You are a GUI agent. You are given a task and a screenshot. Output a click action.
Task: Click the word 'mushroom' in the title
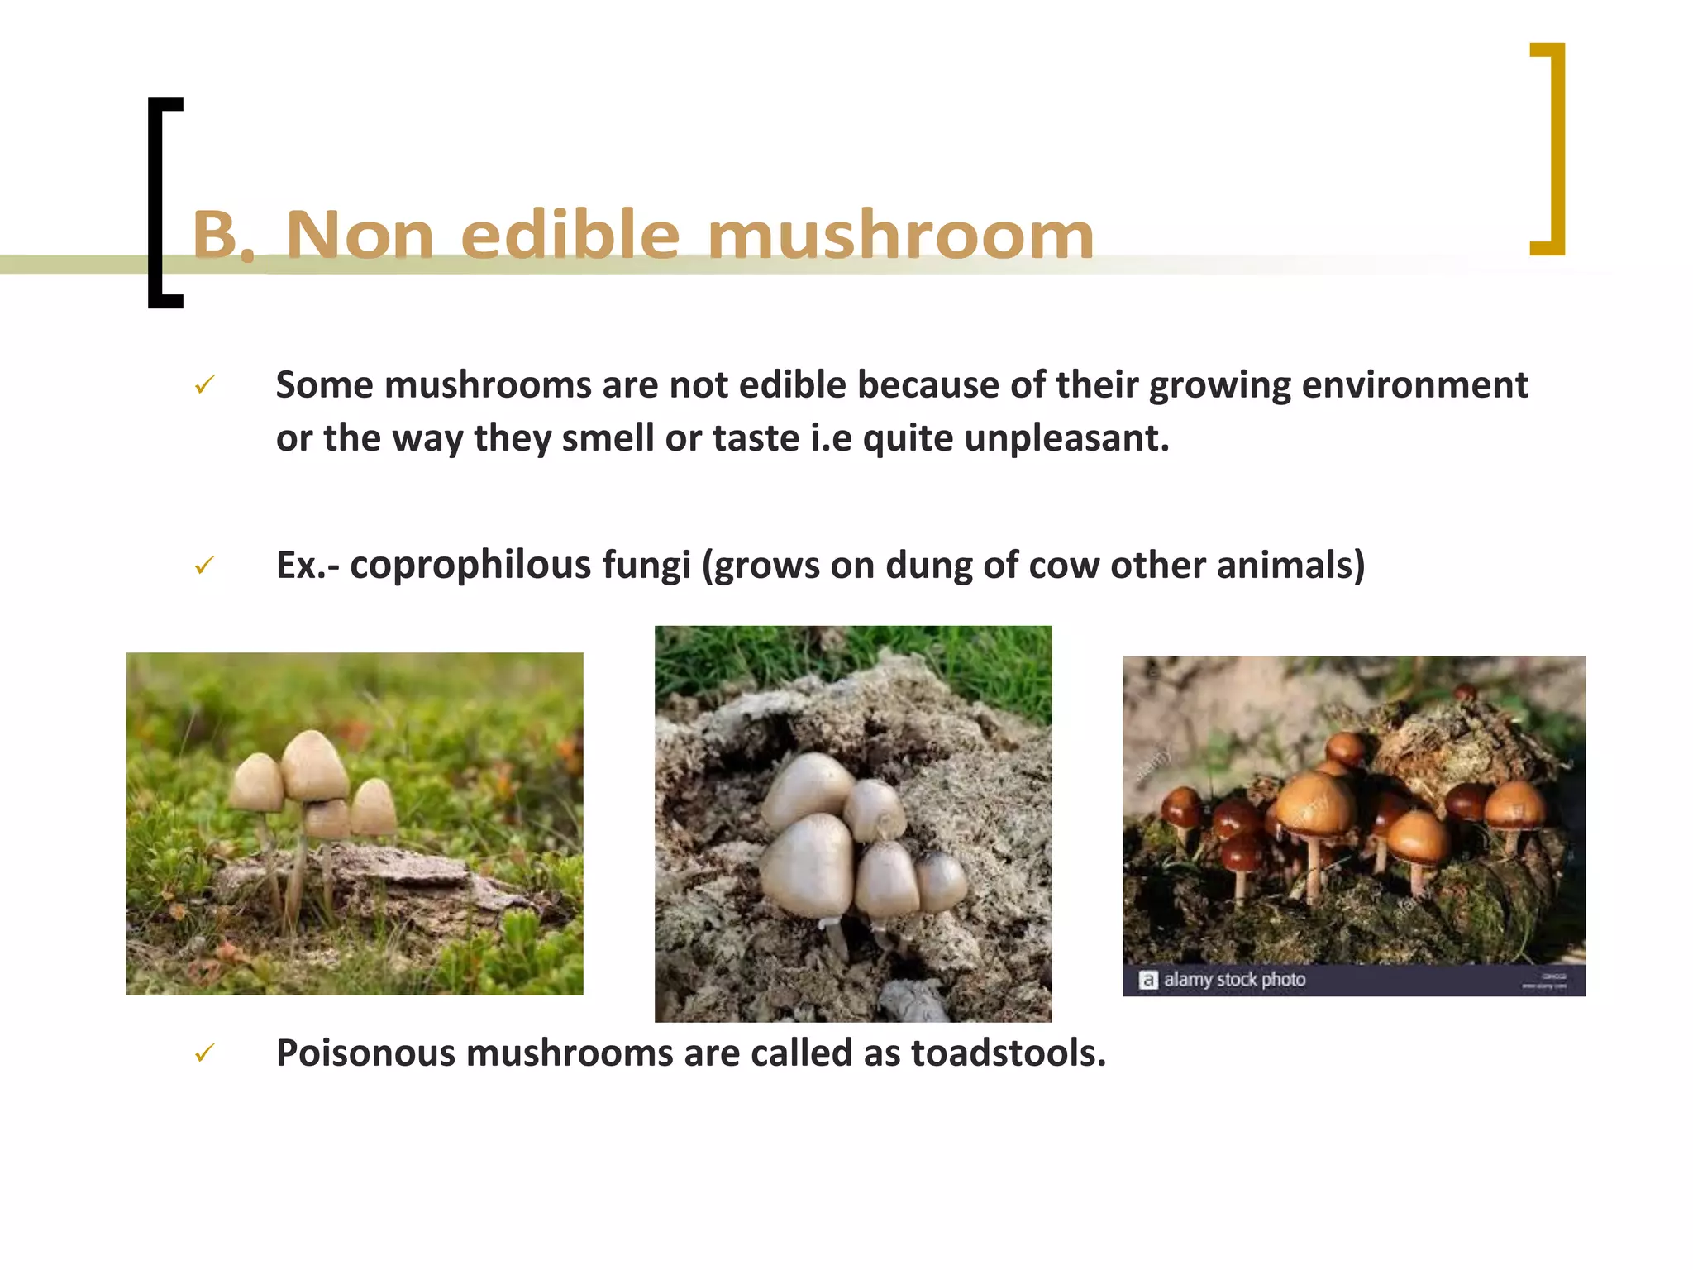point(901,236)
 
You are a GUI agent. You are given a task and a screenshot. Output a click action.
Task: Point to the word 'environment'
point(1414,385)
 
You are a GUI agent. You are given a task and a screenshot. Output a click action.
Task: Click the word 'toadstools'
point(1008,1053)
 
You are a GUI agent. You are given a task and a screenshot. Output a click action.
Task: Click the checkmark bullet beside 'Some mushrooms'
point(204,384)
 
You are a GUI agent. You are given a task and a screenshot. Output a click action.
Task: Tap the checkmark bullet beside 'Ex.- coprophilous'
point(204,566)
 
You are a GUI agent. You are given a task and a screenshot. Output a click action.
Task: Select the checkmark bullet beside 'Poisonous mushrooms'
point(204,1053)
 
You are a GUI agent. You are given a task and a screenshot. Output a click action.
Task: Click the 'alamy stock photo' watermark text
point(1234,980)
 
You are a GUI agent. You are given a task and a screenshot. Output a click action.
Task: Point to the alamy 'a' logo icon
point(1147,981)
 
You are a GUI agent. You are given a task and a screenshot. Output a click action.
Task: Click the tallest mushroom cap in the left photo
point(313,765)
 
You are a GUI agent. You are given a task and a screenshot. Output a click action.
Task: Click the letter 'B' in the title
point(215,235)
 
